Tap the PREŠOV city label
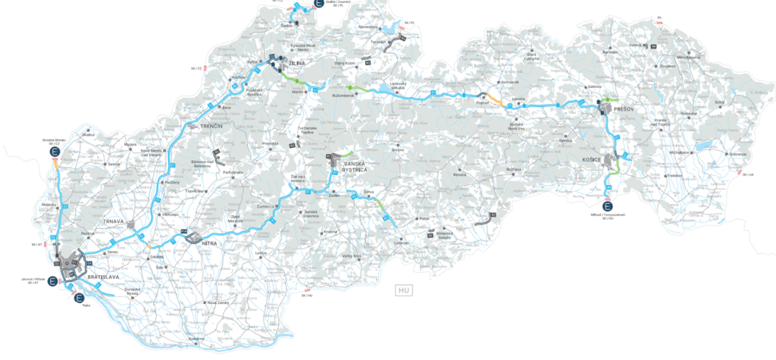click(623, 109)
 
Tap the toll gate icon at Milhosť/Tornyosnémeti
click(609, 207)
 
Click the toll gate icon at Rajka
click(80, 298)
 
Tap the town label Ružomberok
click(343, 95)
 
